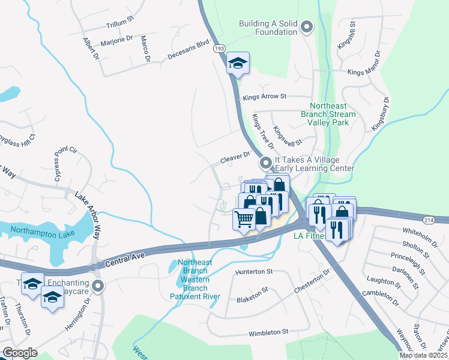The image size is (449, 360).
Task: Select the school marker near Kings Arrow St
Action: point(238,63)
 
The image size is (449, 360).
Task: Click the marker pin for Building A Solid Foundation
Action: point(307,26)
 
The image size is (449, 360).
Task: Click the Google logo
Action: point(20,353)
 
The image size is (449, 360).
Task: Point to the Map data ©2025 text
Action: point(423,355)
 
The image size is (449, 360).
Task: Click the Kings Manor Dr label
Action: point(364,72)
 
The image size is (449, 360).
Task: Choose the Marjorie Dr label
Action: point(117,40)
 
